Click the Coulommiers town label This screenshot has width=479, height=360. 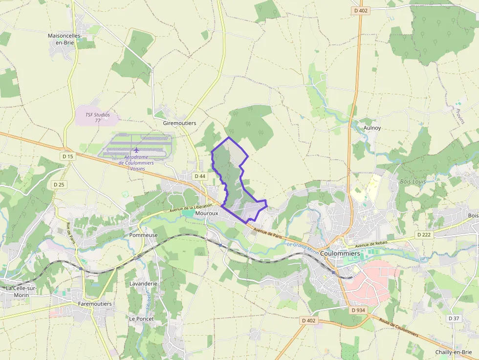[341, 254]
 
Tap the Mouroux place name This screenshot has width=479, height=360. [206, 213]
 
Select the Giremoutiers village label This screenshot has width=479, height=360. [179, 123]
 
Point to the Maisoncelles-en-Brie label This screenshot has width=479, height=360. [65, 39]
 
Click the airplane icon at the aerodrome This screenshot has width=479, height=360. [136, 150]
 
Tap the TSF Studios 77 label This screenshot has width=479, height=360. [98, 117]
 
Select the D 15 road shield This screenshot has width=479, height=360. [67, 156]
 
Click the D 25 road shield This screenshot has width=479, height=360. [59, 184]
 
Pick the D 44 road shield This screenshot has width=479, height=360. [199, 176]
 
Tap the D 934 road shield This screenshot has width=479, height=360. [358, 310]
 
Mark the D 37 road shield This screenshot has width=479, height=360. [454, 318]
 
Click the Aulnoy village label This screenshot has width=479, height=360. [372, 128]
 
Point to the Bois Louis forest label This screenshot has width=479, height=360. [413, 181]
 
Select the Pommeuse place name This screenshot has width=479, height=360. [144, 235]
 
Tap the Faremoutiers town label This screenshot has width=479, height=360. [95, 303]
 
